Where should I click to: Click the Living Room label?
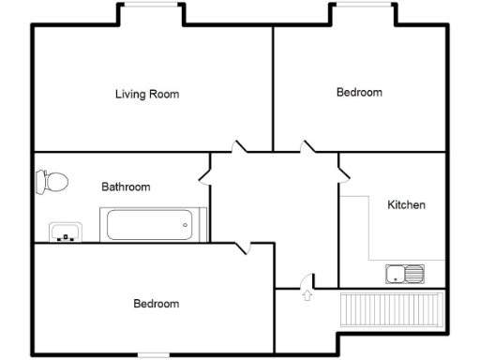147,94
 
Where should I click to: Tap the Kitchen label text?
406,204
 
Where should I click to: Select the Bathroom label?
126,187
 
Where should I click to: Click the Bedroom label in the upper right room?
359,92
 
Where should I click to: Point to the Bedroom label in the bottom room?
156,304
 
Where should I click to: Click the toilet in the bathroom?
52,181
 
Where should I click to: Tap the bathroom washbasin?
66,232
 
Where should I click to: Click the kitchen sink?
404,274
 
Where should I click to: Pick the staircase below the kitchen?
391,308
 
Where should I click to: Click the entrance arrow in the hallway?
307,296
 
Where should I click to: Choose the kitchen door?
343,172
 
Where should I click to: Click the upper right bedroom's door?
307,147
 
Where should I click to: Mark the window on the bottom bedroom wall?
154,354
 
